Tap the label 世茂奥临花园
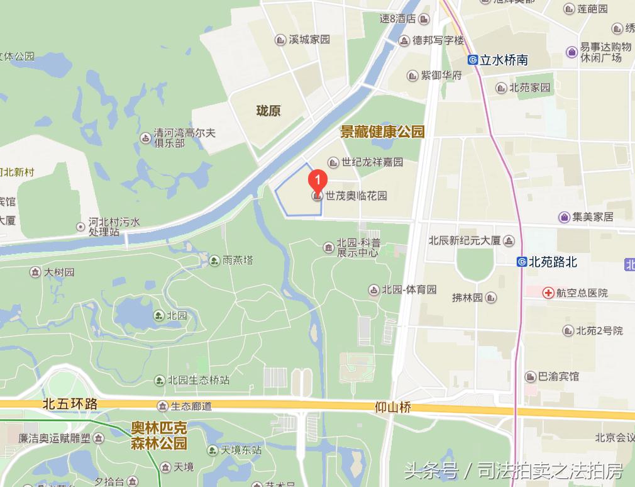coord(356,196)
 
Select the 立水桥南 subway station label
coord(504,60)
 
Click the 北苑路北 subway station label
coord(553,262)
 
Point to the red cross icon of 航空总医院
coord(548,293)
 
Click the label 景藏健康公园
coord(382,132)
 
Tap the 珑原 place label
coord(268,111)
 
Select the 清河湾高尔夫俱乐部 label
coord(185,138)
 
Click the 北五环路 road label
coord(70,403)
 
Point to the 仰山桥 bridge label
coord(392,408)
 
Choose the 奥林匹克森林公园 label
coord(158,435)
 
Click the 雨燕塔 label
coord(238,259)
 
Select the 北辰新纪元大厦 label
coord(464,240)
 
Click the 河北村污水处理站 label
coord(114,227)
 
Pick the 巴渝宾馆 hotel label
coord(558,376)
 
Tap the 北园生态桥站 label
coord(198,380)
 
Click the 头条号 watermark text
coord(431,471)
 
